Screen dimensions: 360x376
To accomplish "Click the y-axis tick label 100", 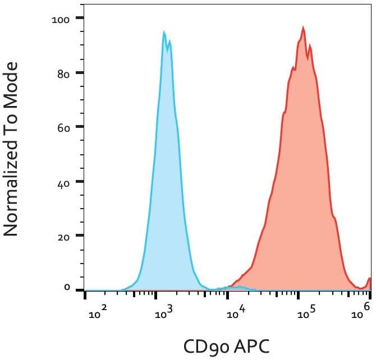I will click(x=59, y=19).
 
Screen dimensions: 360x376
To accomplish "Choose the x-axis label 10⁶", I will click(x=362, y=311).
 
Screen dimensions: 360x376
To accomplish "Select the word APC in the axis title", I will click(x=250, y=346).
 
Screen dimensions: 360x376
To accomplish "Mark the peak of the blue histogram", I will click(x=164, y=32).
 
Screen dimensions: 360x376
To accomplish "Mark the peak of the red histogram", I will click(x=303, y=27).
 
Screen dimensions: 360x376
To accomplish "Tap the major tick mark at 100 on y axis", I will click(x=80, y=18).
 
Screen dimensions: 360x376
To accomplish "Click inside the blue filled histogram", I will click(x=166, y=196).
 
